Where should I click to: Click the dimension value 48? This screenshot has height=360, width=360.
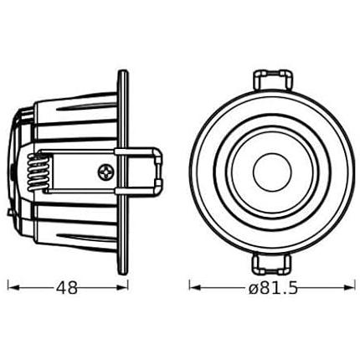pos(66,288)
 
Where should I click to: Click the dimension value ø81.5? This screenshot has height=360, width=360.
pos(273,288)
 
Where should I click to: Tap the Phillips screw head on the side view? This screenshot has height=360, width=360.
pos(106,172)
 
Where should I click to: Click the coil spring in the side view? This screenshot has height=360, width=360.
pos(38,172)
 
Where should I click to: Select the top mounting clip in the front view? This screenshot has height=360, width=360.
pos(273,80)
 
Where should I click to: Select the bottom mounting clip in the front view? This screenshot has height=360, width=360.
pos(272,263)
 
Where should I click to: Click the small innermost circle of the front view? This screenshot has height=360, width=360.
pos(273,172)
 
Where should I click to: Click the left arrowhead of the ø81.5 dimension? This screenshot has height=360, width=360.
pos(195,288)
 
